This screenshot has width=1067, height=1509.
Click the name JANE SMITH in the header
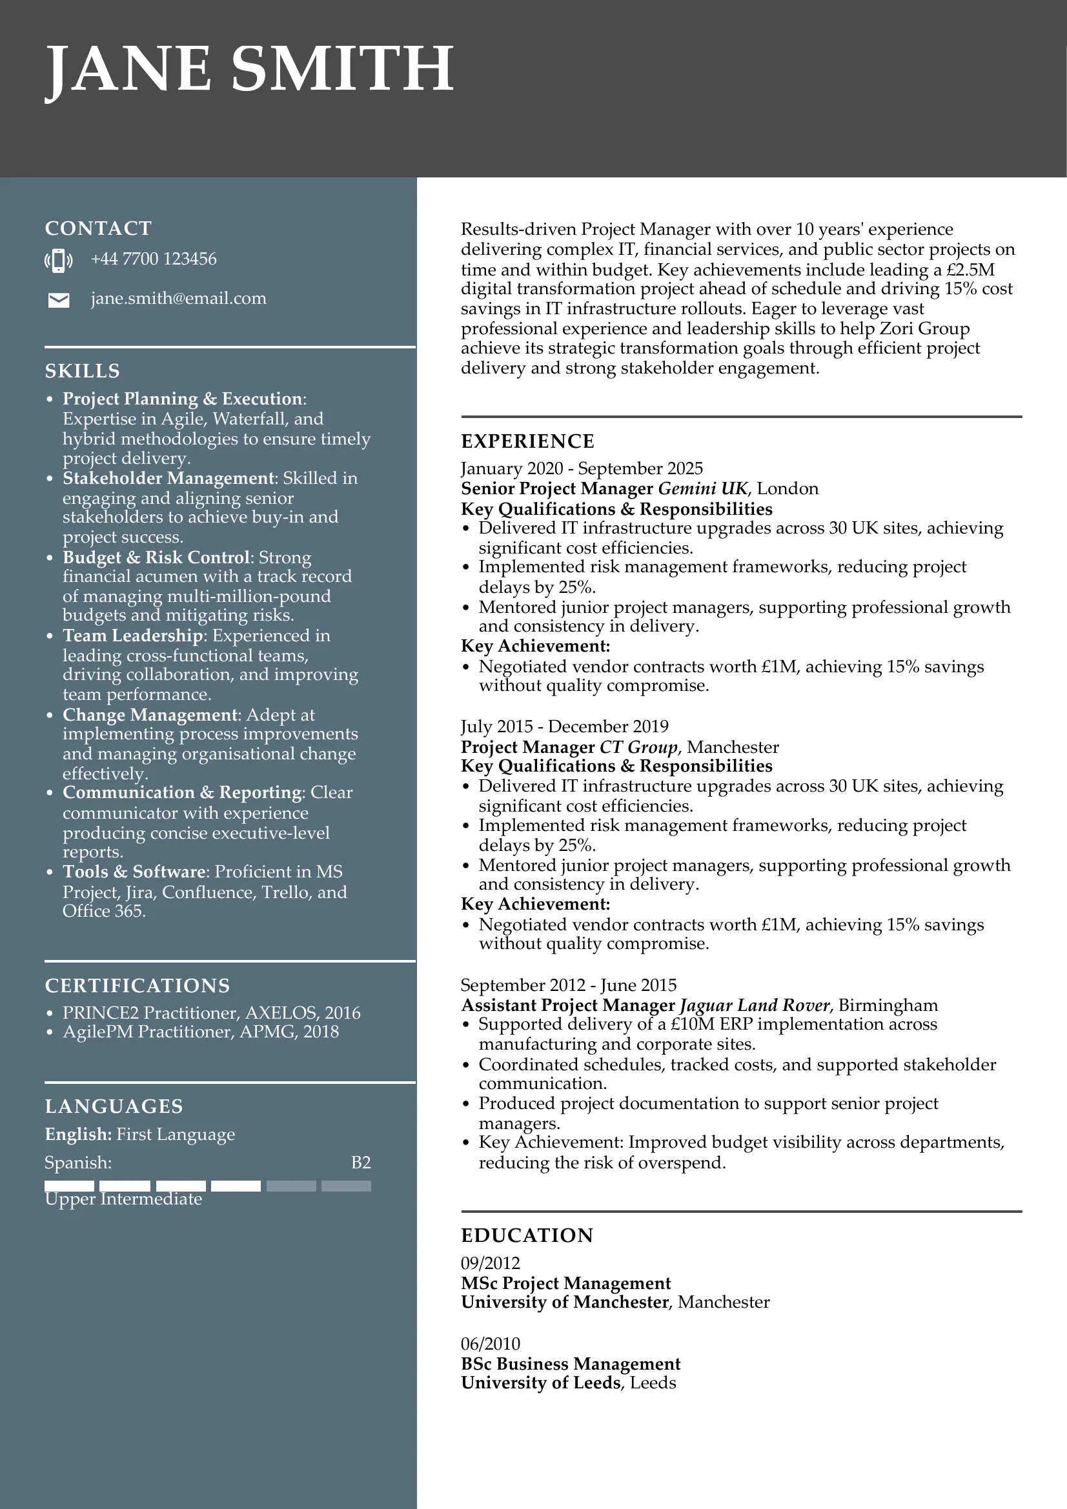(249, 70)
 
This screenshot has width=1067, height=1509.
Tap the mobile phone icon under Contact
(59, 260)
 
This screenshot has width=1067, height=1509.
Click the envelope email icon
(59, 301)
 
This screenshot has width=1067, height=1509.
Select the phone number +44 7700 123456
(153, 259)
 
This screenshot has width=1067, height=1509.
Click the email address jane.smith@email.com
(178, 299)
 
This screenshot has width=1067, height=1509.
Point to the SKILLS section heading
(82, 372)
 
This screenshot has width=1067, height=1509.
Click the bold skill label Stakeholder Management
(168, 478)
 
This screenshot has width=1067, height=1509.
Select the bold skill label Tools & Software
(134, 872)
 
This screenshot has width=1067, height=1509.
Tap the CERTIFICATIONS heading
(137, 986)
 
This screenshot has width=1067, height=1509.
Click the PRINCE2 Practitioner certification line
(211, 1013)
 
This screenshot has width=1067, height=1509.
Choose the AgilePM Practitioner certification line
(201, 1032)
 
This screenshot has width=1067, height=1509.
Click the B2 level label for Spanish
(361, 1163)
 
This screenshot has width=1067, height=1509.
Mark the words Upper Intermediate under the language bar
(123, 1199)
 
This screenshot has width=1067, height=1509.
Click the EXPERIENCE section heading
(527, 441)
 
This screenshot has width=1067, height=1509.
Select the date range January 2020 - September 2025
(581, 468)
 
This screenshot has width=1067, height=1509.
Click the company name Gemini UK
(702, 488)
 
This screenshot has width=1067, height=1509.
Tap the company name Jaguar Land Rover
(755, 1005)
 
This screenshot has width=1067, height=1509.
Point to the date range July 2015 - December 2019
(564, 726)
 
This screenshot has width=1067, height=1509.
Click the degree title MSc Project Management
(565, 1283)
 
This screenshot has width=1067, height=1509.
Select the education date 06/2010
(490, 1344)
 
